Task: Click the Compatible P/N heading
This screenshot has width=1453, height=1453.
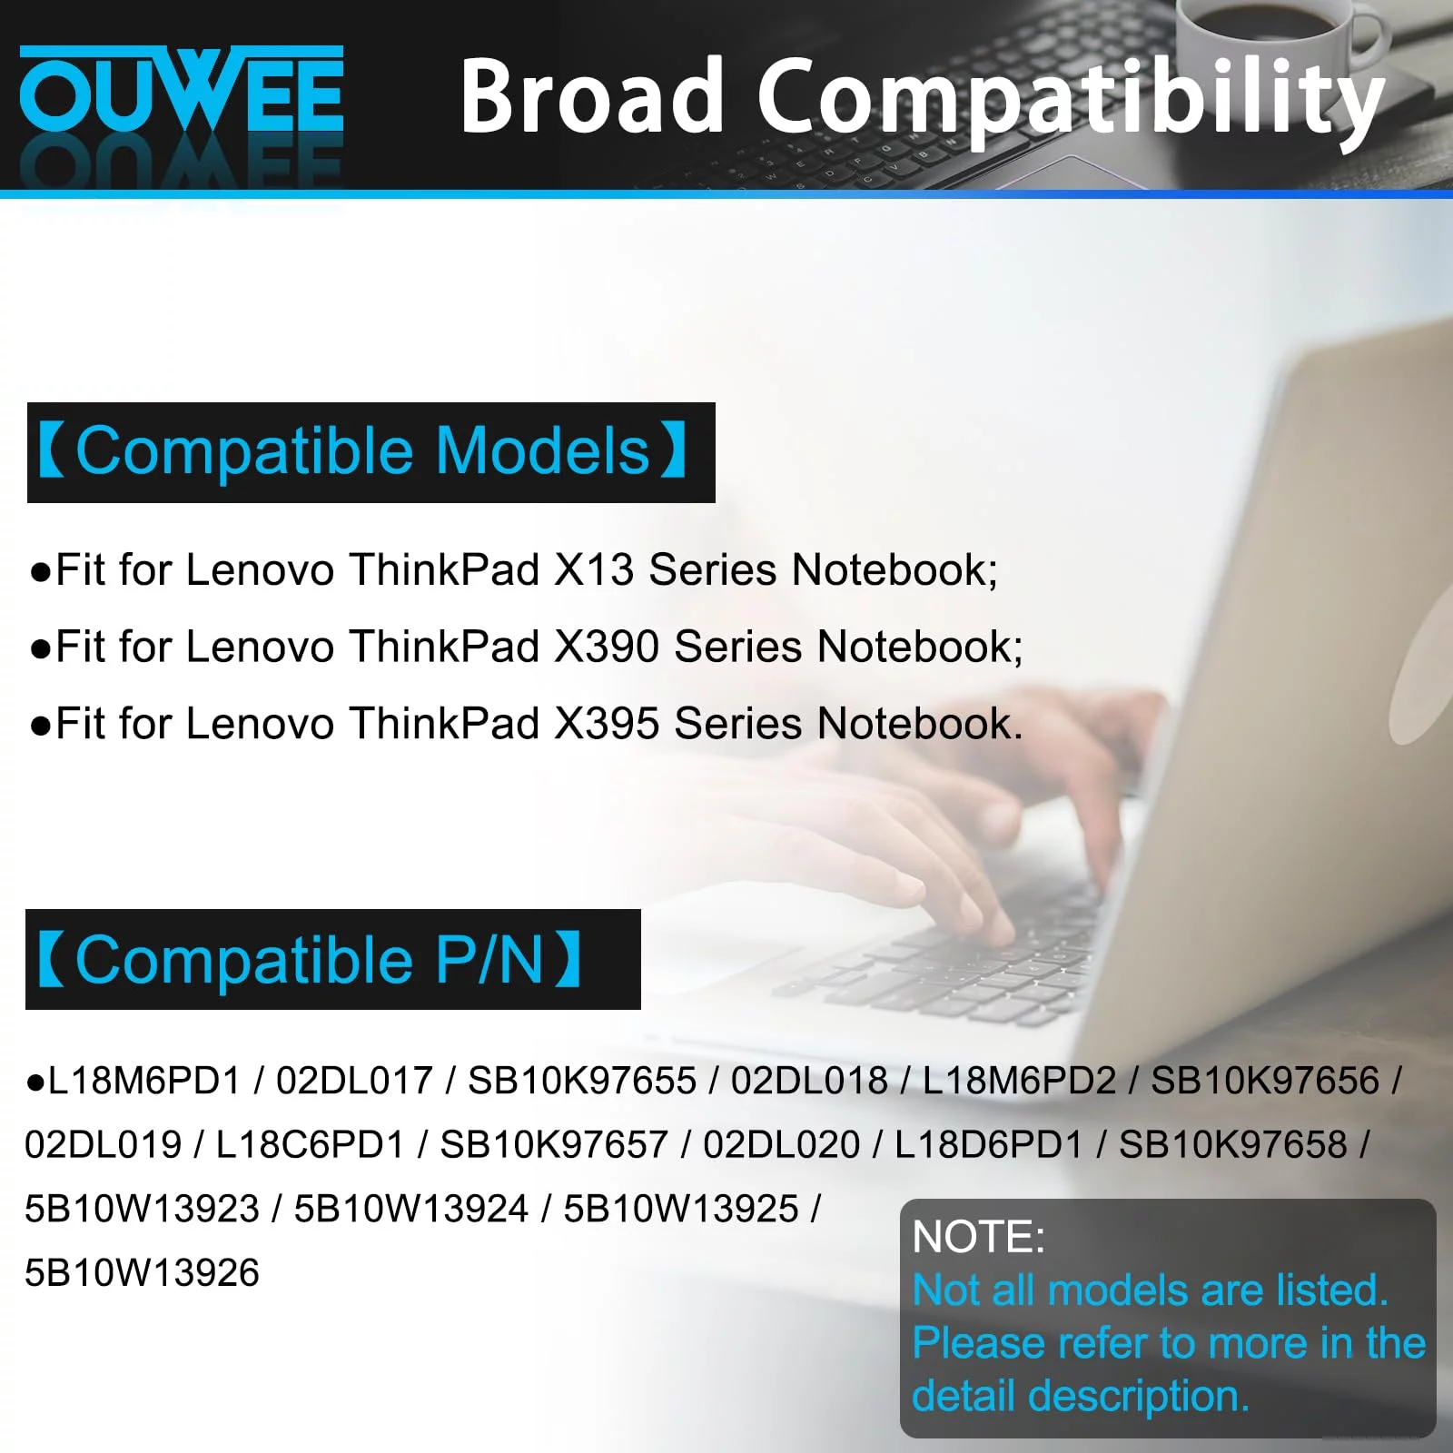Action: (x=310, y=960)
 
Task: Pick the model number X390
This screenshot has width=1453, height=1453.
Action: (x=607, y=647)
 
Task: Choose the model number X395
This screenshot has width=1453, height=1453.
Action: (x=607, y=725)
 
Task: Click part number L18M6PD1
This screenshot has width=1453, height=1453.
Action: (x=144, y=1081)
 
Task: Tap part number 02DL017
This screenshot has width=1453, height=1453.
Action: (x=354, y=1081)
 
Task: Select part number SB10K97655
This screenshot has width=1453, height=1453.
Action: (x=582, y=1081)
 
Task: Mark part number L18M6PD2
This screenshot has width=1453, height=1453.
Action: (x=1020, y=1081)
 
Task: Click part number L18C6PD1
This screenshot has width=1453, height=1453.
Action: (x=310, y=1145)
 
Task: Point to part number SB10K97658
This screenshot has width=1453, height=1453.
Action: (x=1232, y=1145)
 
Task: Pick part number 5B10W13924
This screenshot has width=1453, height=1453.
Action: (x=410, y=1209)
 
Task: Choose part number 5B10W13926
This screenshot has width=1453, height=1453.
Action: (x=142, y=1273)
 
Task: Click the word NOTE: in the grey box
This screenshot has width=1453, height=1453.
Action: (x=979, y=1237)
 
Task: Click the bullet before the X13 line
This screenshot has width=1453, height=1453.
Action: (x=39, y=572)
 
